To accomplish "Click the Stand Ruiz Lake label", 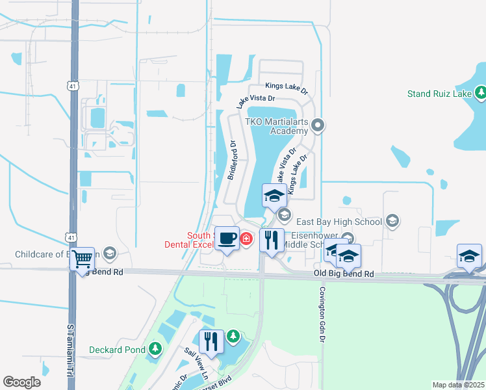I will point(439,94).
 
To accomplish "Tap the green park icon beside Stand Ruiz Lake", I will point(481,94).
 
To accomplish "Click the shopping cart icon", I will point(82,259).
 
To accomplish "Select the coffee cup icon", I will point(227,239).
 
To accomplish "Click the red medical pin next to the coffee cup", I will point(246,239).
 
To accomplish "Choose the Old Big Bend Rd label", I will point(344,274).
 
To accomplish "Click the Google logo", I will point(21,382).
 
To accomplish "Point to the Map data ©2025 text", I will point(458,385).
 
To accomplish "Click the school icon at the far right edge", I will point(469,256).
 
